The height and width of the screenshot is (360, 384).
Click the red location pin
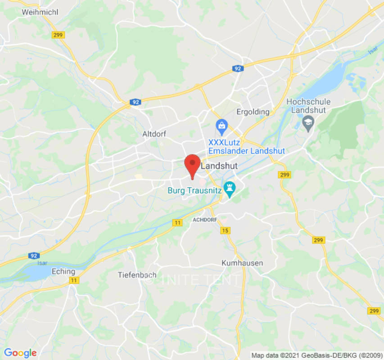pos(193,165)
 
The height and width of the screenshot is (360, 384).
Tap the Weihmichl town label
pos(40,12)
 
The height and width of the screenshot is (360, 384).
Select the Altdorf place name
pos(154,134)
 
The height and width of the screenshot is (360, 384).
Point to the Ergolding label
pos(253,112)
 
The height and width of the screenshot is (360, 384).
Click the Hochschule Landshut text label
pos(308,106)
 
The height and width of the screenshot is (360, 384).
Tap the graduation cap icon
pos(308,121)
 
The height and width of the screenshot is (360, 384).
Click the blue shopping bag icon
pos(221,126)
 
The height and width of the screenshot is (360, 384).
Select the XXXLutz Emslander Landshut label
pos(246,147)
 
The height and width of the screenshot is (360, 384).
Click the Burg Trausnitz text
pos(194,190)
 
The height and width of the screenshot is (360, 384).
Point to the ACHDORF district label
pos(205,220)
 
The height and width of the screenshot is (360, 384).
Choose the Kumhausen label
pos(242,263)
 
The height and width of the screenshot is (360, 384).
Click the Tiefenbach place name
pos(137,274)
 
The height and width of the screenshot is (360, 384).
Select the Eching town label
pos(63,271)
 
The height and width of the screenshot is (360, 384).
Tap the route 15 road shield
pos(225,231)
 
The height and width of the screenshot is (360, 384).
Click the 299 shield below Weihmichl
pos(59,35)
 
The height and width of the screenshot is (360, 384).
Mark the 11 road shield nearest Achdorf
pos(178,223)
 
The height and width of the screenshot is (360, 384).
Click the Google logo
pos(20,353)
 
